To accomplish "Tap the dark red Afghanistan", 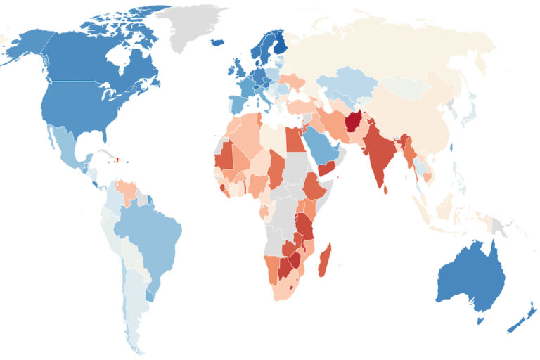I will [x=353, y=122].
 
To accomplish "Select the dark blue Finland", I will [x=279, y=44].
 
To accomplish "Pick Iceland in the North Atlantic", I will [x=218, y=42].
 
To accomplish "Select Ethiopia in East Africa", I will [x=314, y=186].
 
